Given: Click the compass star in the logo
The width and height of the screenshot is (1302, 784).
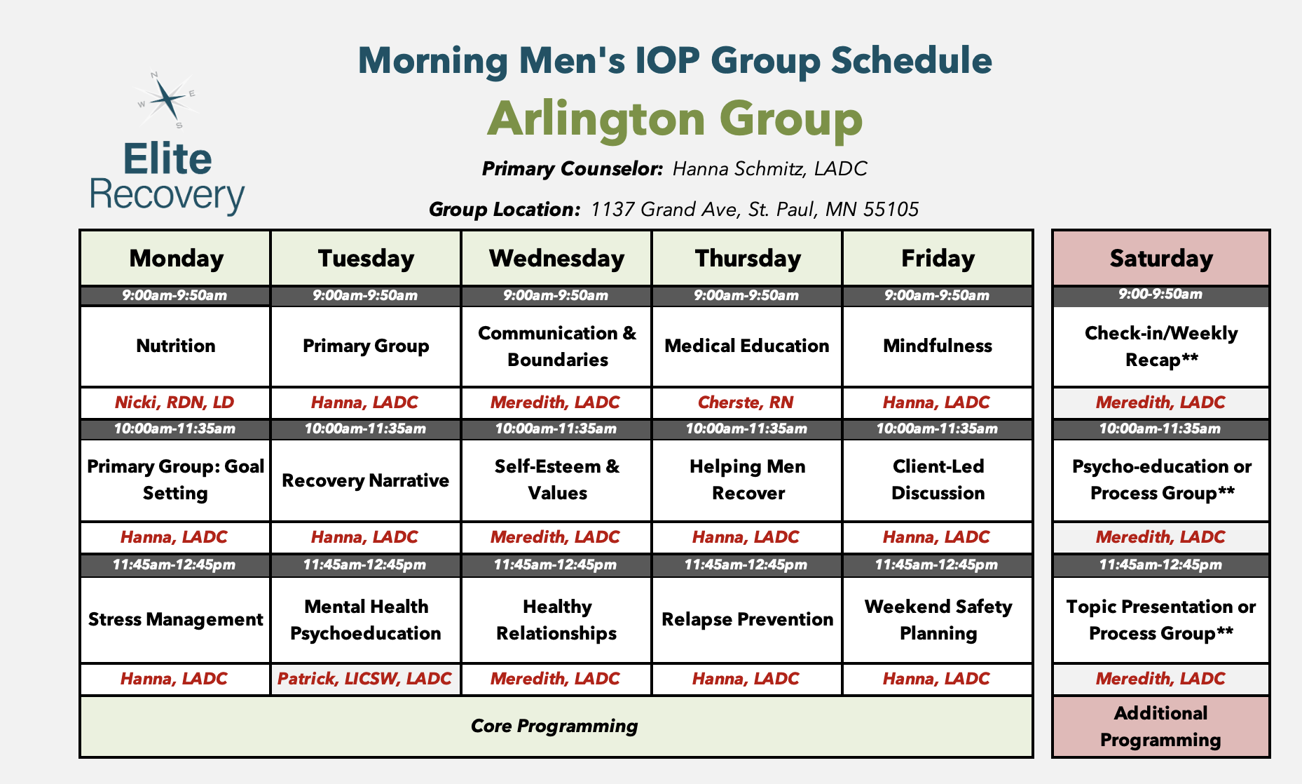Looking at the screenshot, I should (x=167, y=100).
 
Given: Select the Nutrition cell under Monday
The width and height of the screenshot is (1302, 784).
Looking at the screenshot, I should (x=175, y=346).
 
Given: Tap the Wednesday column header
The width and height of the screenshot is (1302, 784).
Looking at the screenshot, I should (x=556, y=258).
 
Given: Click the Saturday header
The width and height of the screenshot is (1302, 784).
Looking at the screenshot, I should (x=1160, y=258).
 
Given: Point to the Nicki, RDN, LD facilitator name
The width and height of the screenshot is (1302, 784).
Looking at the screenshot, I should (x=174, y=403).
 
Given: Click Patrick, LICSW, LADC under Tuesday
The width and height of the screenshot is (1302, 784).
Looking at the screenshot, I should (x=364, y=679).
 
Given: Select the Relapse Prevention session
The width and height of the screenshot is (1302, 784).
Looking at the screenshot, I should (x=747, y=619).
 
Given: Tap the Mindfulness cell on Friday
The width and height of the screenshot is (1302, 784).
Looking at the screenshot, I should (x=937, y=346).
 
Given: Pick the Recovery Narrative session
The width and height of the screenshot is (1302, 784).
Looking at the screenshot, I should (x=365, y=480).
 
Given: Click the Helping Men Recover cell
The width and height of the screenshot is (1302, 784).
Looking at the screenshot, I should (x=747, y=480).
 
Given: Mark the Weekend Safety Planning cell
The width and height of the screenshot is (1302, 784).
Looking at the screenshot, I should (x=938, y=619).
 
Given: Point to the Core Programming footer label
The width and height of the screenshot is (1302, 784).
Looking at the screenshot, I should (x=554, y=726).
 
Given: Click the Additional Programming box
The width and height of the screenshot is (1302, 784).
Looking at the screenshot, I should (x=1160, y=726).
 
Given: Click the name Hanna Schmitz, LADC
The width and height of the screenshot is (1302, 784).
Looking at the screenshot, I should (x=769, y=169).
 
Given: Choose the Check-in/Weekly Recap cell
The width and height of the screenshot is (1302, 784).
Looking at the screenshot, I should (x=1160, y=346).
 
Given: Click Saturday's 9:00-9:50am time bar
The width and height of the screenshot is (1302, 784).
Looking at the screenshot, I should (x=1160, y=295).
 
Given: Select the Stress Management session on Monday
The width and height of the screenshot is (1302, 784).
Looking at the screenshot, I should (x=175, y=619).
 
